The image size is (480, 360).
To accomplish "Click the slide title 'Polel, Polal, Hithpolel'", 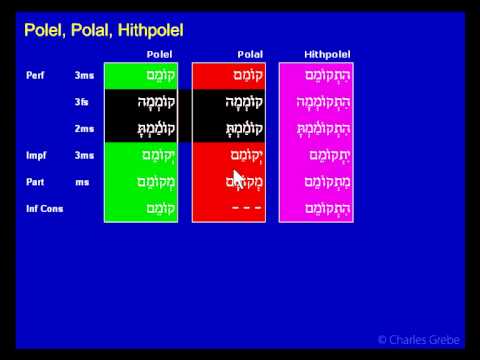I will click(104, 31).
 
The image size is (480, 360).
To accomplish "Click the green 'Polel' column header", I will click(159, 53).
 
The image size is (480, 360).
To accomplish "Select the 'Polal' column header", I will click(250, 53).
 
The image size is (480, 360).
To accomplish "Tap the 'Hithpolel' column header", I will click(326, 53).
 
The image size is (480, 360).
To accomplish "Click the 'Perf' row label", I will click(36, 75).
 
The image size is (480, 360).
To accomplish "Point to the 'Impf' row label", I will click(37, 155).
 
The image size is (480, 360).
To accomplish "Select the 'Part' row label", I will click(36, 182).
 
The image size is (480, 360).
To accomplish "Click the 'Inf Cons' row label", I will click(44, 208).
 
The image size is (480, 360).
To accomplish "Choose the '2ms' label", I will click(84, 129).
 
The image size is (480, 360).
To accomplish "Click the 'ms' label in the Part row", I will click(82, 182).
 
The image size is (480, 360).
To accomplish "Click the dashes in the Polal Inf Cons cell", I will click(247, 208).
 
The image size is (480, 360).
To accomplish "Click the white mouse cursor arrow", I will click(239, 179).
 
